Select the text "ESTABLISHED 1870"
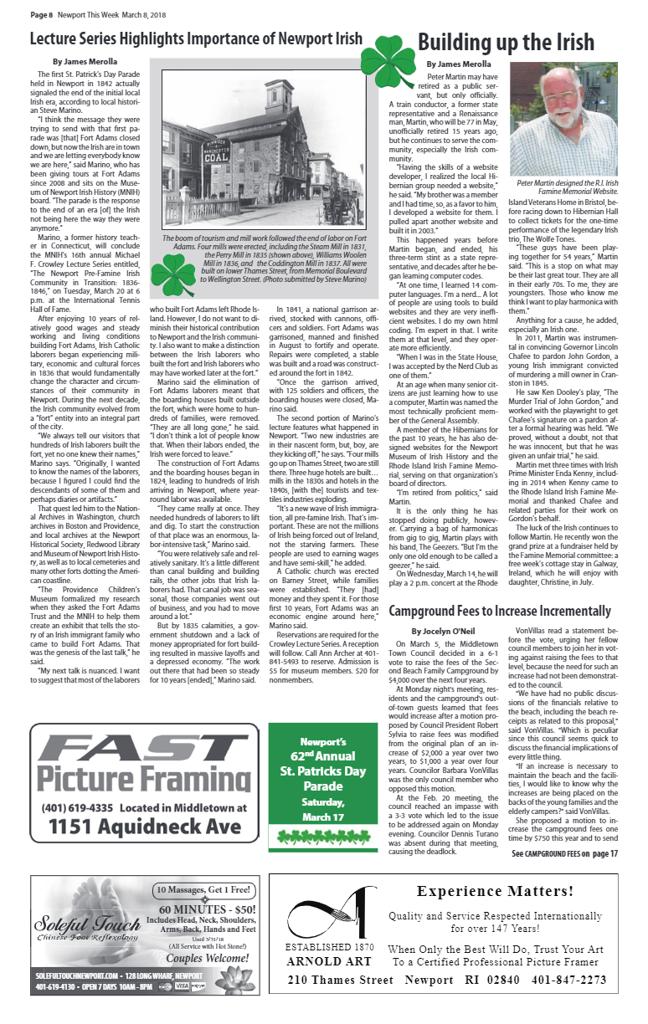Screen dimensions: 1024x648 [329, 947]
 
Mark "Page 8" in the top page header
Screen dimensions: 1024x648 [42, 15]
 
